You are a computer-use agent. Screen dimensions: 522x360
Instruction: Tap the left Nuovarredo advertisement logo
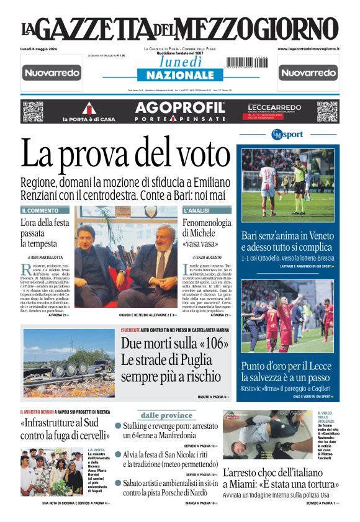point(52,73)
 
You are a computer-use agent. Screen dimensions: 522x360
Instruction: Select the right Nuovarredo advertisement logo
point(308,73)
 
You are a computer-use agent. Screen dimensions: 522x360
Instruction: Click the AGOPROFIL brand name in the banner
point(180,107)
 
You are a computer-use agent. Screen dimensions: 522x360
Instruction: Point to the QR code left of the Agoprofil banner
point(33,111)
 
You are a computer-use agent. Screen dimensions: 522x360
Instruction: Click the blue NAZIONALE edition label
point(180,75)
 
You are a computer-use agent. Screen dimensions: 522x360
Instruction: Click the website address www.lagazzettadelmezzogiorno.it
point(308,48)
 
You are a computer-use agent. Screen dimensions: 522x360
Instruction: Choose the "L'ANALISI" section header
point(197,211)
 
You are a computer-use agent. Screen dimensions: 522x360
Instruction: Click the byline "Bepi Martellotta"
point(45,257)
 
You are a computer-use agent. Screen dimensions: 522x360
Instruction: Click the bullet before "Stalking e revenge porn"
point(118,427)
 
